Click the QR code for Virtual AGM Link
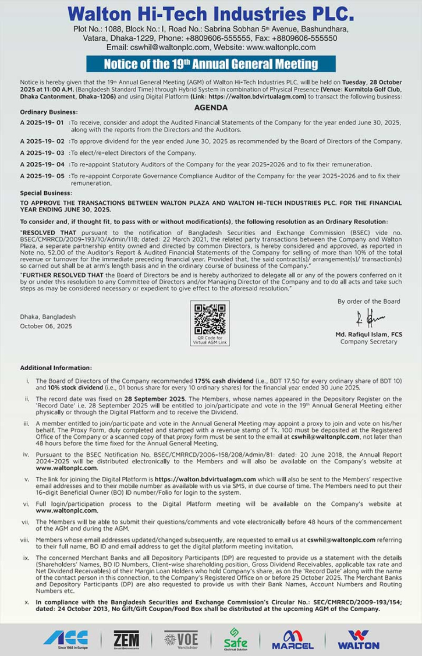coord(210,317)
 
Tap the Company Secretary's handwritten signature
coord(370,318)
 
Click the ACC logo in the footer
coord(65,639)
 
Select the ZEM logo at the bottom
coord(126,639)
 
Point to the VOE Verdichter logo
coord(180,639)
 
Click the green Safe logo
coord(236,639)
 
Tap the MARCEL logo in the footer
coord(292,639)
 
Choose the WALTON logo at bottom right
coord(358,639)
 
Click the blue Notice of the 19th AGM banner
coord(211,63)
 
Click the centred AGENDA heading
coord(211,108)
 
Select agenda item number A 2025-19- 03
coord(42,153)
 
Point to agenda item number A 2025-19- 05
coord(42,175)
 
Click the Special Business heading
coord(46,192)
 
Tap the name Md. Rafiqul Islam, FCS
coord(368,334)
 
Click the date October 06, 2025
coord(46,326)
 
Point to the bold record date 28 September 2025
coord(153,398)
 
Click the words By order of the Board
coord(369,301)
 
